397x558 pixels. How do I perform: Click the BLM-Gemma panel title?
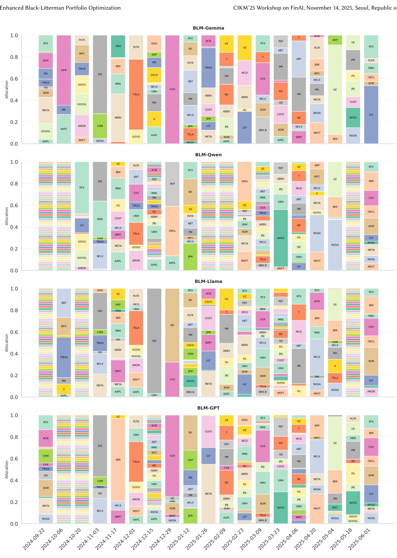click(x=208, y=28)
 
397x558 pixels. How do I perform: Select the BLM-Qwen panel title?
click(x=208, y=155)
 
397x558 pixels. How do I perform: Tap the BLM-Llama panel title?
click(x=208, y=281)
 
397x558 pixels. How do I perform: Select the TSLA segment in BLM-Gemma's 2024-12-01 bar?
click(x=136, y=94)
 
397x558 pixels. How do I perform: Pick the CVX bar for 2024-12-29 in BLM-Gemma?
click(x=172, y=89)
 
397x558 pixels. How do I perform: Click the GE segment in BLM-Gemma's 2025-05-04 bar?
click(x=335, y=89)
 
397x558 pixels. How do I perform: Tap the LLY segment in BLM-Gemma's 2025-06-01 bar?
click(x=371, y=115)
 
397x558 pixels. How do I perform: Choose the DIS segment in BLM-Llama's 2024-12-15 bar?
click(x=154, y=341)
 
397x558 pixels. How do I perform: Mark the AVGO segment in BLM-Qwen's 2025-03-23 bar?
click(x=281, y=238)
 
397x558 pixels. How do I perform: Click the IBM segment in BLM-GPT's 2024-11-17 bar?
click(x=118, y=460)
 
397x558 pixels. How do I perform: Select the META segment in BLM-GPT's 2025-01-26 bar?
click(x=208, y=494)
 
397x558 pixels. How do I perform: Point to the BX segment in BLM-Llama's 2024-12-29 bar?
click(x=172, y=325)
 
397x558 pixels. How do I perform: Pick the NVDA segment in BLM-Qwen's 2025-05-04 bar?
click(x=335, y=245)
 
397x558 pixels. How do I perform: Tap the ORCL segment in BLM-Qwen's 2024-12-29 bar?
click(x=172, y=231)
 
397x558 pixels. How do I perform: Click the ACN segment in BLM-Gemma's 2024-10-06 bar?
click(x=64, y=70)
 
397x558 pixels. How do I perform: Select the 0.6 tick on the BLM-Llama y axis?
click(x=14, y=332)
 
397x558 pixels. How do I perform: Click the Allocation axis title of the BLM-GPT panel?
click(x=7, y=469)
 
